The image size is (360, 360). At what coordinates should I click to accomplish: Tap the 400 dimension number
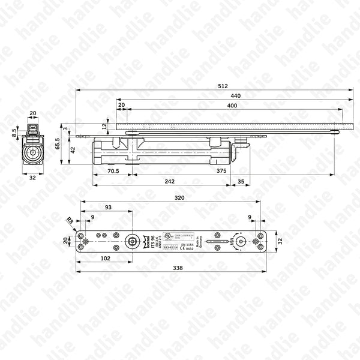pos(232,106)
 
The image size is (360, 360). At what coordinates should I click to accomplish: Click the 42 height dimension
pos(73,150)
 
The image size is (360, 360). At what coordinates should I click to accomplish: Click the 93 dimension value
pos(108,207)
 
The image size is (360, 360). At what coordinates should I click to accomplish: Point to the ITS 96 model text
pos(153,241)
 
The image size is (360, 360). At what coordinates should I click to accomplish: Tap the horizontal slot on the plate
pos(212,241)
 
